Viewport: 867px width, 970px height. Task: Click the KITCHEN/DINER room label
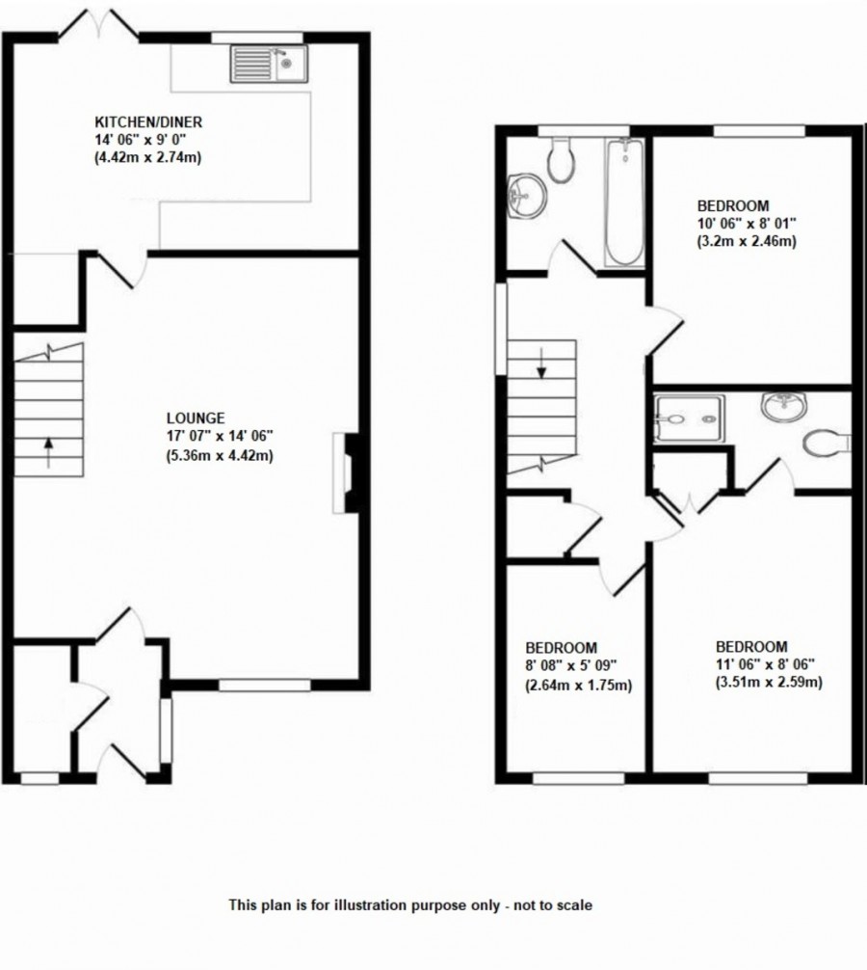[147, 122]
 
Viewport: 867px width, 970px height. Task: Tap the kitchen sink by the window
[266, 65]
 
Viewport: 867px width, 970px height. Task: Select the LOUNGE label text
[196, 418]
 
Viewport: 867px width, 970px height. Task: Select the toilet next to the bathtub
[560, 159]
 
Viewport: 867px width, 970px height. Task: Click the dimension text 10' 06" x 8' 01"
[745, 224]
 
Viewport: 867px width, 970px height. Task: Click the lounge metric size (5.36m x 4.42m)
[220, 456]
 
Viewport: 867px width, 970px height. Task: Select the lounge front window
[265, 685]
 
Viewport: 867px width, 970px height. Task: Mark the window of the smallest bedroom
[578, 777]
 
